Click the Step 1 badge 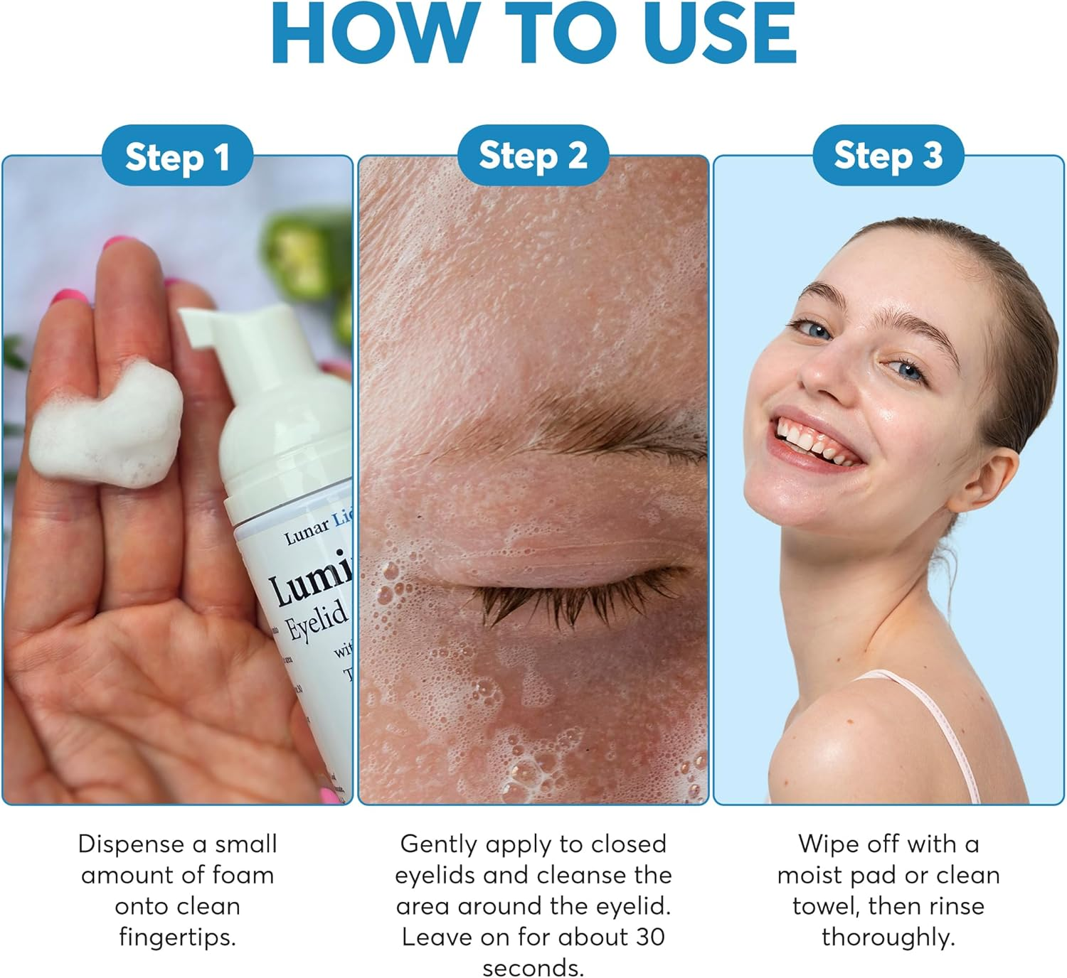tap(177, 156)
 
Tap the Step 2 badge tap(533, 156)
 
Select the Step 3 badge tap(888, 156)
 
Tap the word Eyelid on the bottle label tap(317, 619)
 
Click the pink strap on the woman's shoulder tap(946, 732)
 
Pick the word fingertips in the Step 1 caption tap(177, 937)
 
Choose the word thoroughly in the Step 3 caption tap(888, 937)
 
